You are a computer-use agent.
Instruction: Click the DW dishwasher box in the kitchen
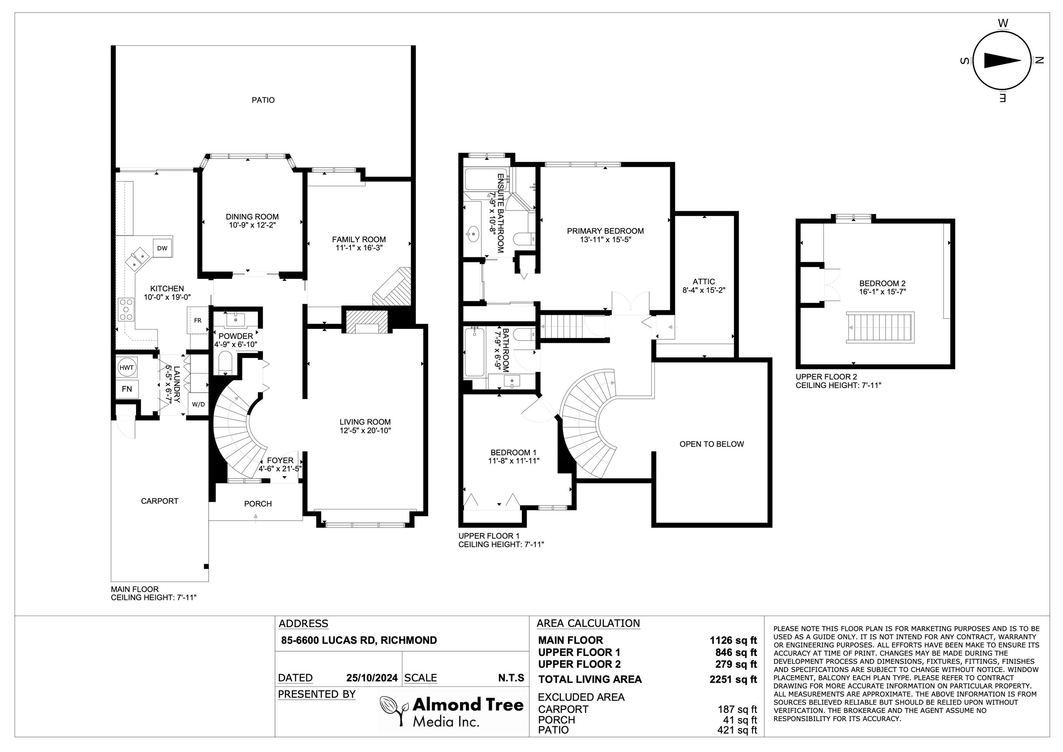coord(162,248)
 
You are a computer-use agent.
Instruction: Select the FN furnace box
coord(127,389)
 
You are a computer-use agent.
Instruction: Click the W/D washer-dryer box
coord(199,404)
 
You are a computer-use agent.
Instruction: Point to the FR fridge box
coord(198,320)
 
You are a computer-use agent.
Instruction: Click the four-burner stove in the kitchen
coord(126,309)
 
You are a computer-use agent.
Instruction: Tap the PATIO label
coord(263,100)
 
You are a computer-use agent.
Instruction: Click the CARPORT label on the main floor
coord(160,501)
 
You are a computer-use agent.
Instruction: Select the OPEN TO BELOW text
coord(711,444)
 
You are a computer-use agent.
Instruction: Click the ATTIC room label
coord(704,281)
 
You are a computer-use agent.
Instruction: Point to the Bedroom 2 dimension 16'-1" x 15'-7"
coord(882,292)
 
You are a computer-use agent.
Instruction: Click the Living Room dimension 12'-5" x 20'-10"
coord(365,430)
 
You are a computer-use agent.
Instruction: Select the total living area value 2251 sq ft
coord(733,679)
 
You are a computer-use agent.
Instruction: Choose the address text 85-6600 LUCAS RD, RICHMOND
coord(359,640)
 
